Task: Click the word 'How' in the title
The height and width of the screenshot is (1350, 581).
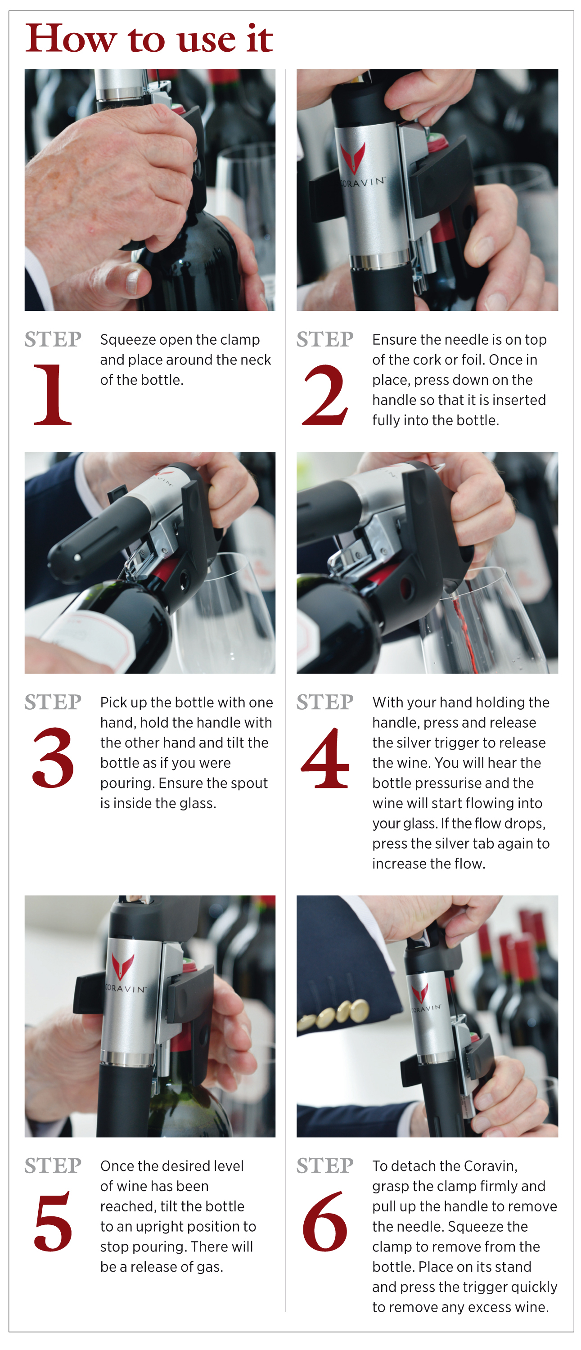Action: click(x=70, y=39)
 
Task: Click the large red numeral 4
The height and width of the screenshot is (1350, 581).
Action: click(x=325, y=758)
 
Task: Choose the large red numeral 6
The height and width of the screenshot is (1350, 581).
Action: click(x=325, y=1221)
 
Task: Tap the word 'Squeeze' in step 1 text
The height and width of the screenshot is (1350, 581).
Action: click(x=128, y=340)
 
